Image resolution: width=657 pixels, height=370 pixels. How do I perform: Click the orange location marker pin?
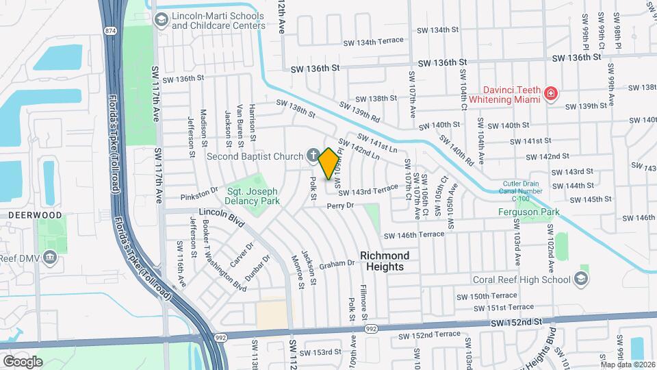click(329, 162)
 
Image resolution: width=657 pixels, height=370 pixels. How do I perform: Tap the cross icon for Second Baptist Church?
click(313, 156)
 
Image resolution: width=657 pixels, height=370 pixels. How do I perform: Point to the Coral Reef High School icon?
click(580, 278)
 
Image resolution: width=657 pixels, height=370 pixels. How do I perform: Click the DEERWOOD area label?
click(26, 214)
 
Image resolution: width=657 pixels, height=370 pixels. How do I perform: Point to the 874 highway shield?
click(109, 32)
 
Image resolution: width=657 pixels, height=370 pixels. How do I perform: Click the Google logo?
click(22, 361)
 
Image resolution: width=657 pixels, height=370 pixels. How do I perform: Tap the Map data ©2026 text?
click(628, 364)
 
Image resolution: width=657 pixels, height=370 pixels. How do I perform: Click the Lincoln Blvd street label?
click(222, 217)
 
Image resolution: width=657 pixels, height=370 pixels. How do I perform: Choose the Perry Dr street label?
click(340, 206)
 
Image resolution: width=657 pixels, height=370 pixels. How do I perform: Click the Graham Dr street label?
click(335, 264)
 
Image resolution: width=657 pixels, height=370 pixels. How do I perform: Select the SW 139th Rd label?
click(366, 112)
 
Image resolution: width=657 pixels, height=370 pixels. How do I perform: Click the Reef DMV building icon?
click(49, 257)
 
